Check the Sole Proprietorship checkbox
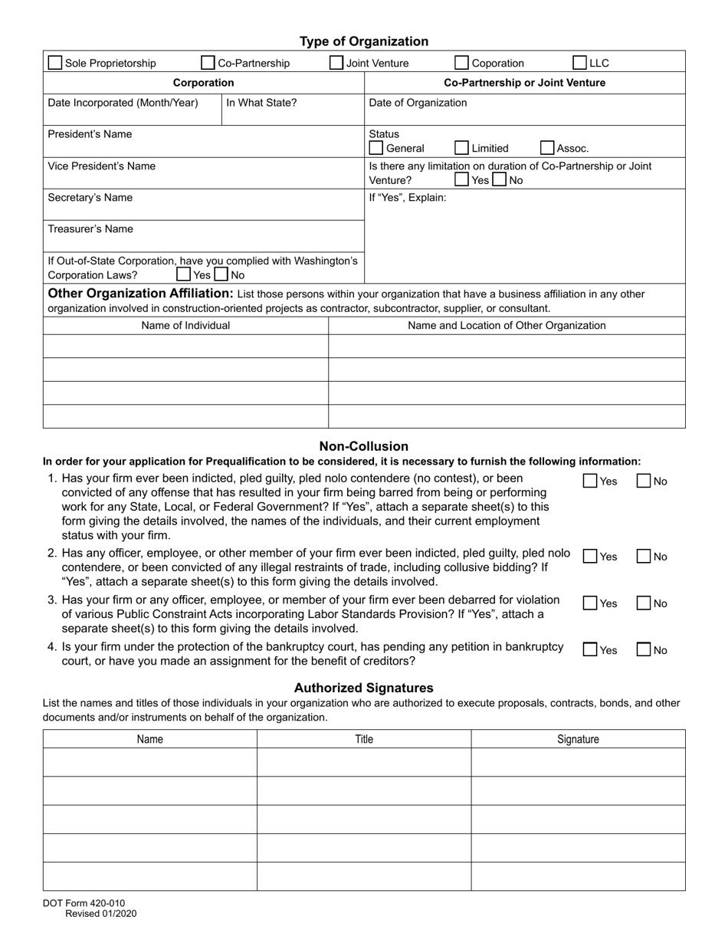(55, 63)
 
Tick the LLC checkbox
(580, 63)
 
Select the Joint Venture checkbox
(336, 63)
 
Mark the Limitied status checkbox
(461, 148)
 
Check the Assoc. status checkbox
(547, 148)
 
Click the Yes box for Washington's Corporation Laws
(184, 274)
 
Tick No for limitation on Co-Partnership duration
(499, 180)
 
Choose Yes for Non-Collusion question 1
(590, 481)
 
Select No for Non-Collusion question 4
(644, 649)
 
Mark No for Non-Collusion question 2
(644, 557)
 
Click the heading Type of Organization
(363, 41)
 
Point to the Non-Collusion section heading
(363, 446)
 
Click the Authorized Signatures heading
(363, 688)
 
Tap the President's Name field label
(90, 134)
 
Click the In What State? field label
(261, 103)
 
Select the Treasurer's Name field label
(90, 229)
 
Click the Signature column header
(578, 739)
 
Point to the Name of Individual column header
(185, 325)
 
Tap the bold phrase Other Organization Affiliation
(140, 294)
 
